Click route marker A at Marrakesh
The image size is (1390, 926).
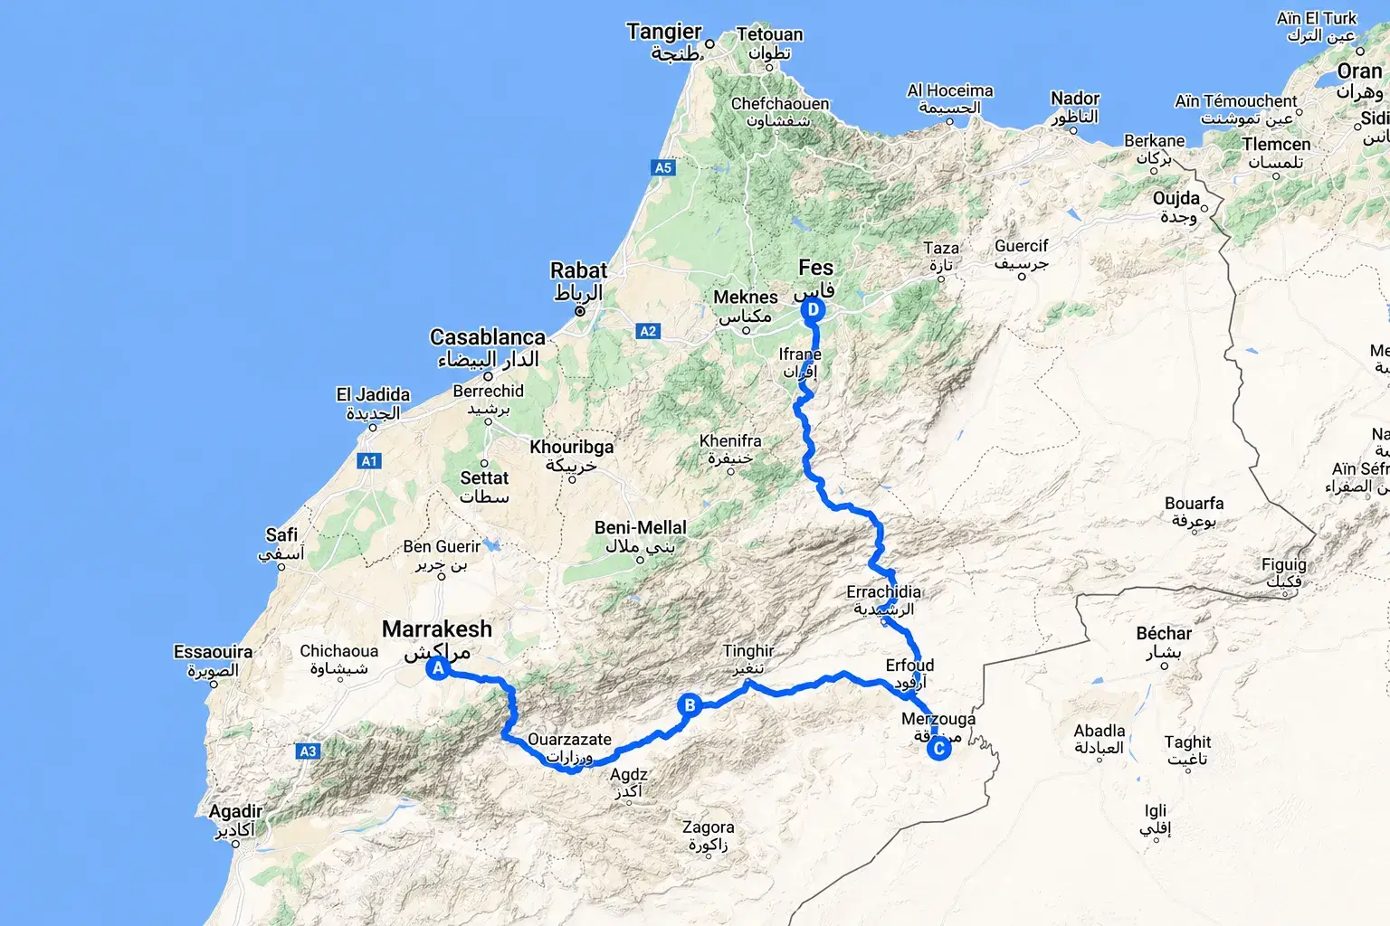pos(438,669)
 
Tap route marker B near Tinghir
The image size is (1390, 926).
pos(690,706)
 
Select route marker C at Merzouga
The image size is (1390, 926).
pos(939,749)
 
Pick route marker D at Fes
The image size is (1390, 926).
pos(813,310)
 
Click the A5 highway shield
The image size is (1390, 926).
pos(663,167)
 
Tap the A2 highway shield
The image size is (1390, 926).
pos(648,331)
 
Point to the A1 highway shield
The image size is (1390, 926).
pos(369,461)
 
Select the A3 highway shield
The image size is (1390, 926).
pos(308,751)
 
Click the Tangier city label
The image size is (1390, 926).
pos(664,33)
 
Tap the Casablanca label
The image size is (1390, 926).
pos(488,338)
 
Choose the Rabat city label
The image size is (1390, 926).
pos(578,271)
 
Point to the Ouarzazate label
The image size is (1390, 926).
pos(569,740)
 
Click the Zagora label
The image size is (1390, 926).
pos(708,827)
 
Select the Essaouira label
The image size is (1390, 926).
pos(213,652)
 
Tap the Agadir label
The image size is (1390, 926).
pos(235,812)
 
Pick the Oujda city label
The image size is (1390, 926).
pos(1176,199)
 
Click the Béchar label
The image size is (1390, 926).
pos(1164,634)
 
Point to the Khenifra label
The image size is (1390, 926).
pos(730,441)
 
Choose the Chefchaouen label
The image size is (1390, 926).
pos(780,104)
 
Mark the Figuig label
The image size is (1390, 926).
pos(1284,565)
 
